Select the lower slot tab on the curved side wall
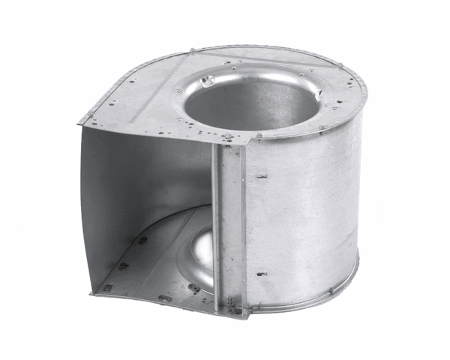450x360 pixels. pyautogui.click(x=262, y=274)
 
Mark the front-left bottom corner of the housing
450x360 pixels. pyautogui.click(x=93, y=293)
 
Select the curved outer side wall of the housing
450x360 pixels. pyautogui.click(x=307, y=217)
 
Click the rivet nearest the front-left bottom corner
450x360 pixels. pyautogui.click(x=108, y=286)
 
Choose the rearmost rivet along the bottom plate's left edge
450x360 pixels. pyautogui.click(x=142, y=241)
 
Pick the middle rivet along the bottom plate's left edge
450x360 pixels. pyautogui.click(x=124, y=265)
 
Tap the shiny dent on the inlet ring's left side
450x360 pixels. pyautogui.click(x=211, y=80)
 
